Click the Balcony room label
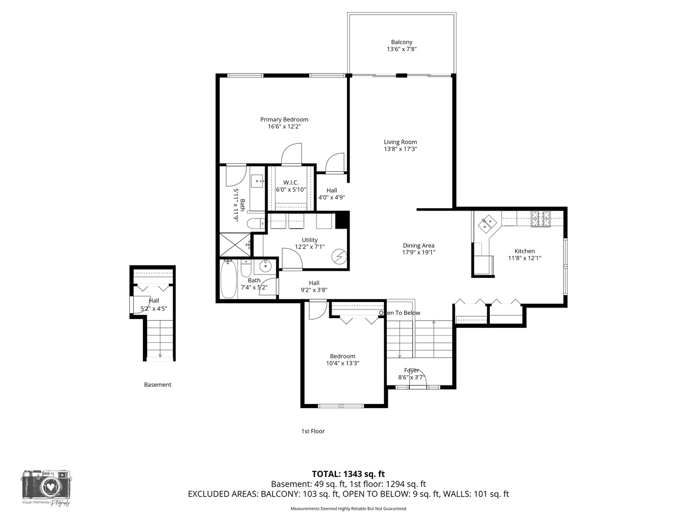[402, 42]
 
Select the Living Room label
[400, 142]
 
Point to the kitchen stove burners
[542, 219]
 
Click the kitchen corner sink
[487, 223]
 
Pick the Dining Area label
[418, 246]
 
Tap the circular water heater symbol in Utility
[340, 256]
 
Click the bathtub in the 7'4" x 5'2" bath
[229, 280]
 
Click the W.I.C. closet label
[291, 183]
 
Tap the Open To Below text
[400, 313]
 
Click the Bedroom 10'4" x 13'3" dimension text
[343, 363]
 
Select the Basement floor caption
[158, 385]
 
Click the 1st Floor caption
[313, 431]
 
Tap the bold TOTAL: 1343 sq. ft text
[348, 474]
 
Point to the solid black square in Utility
[342, 220]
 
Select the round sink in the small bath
[265, 266]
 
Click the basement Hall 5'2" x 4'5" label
[154, 305]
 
